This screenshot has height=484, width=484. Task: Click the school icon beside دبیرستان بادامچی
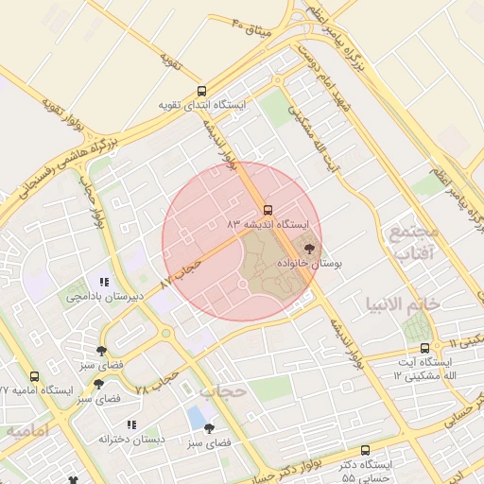tap(105, 282)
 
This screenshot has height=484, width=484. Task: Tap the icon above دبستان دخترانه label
tap(132, 424)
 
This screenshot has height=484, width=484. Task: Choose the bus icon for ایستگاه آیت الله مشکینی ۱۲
tap(424, 348)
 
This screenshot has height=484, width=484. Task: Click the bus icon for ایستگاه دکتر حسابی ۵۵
tap(366, 450)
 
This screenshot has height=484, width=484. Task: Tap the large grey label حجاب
tap(223, 390)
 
